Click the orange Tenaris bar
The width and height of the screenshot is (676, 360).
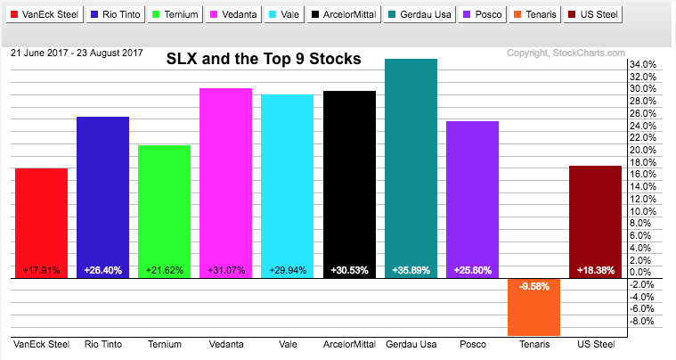pyautogui.click(x=533, y=307)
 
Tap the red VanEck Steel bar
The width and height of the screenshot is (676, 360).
pyautogui.click(x=41, y=223)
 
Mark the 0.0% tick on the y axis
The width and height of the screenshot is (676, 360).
pyautogui.click(x=645, y=272)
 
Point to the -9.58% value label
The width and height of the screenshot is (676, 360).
pyautogui.click(x=533, y=287)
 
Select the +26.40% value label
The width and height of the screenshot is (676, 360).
pyautogui.click(x=102, y=270)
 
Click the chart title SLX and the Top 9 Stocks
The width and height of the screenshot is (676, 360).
pyautogui.click(x=265, y=60)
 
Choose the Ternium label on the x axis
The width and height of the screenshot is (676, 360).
pyautogui.click(x=164, y=344)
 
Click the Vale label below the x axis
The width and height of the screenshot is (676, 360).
pyautogui.click(x=287, y=344)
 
